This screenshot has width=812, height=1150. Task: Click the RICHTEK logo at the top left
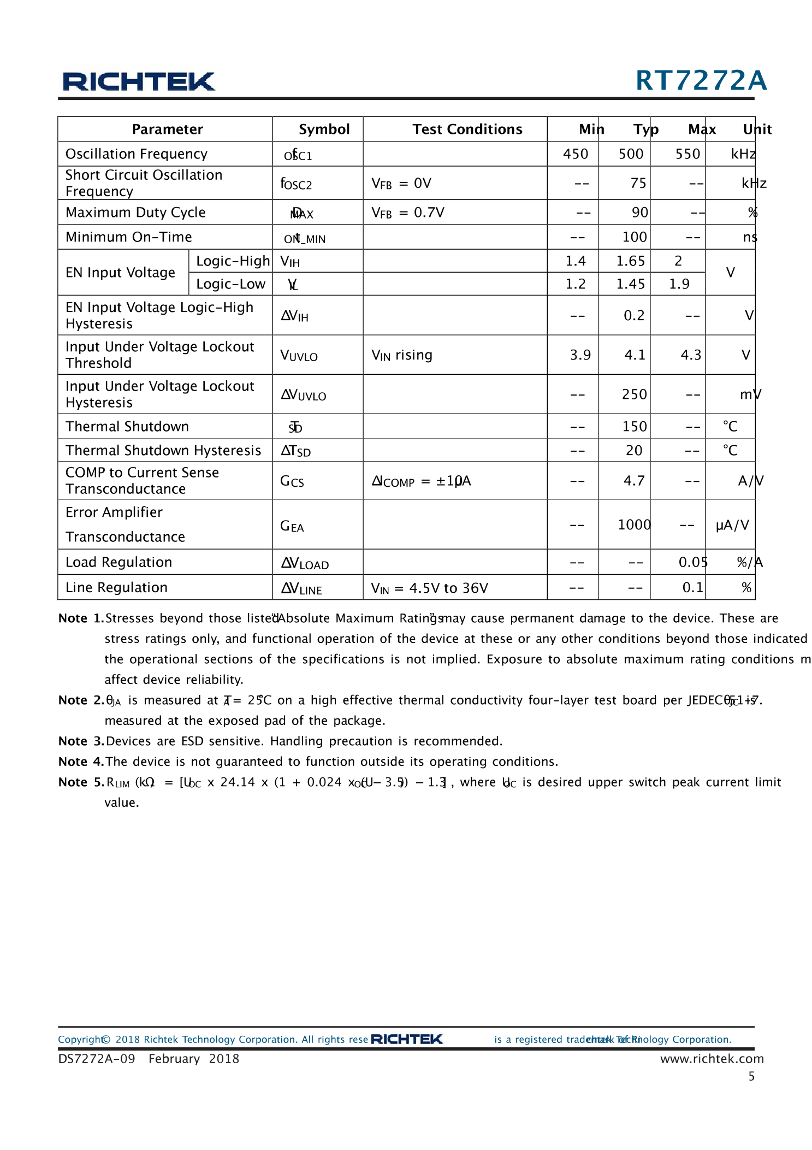139,82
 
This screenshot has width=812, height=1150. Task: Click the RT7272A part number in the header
701,81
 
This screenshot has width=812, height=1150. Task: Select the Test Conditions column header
467,129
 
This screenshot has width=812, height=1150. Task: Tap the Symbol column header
324,129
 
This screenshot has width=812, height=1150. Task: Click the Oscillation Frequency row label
137,154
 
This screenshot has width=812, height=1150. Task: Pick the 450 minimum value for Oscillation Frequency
576,154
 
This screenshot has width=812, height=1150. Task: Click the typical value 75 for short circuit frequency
638,183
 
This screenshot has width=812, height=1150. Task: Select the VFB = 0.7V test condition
408,213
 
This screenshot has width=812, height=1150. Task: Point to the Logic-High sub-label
233,261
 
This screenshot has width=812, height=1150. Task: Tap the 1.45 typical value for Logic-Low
630,284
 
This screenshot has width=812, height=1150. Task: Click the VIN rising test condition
402,355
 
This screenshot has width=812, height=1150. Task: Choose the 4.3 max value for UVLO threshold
691,355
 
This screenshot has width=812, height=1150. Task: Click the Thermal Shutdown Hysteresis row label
163,451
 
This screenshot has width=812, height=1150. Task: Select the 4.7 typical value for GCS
634,481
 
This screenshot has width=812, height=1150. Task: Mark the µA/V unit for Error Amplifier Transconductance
732,526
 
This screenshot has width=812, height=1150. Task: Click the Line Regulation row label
116,588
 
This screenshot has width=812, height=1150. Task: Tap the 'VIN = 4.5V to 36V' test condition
429,588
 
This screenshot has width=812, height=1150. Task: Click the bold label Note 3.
81,741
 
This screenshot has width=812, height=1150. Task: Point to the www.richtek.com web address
712,1059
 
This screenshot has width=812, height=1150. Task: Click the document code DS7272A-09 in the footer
97,1059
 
